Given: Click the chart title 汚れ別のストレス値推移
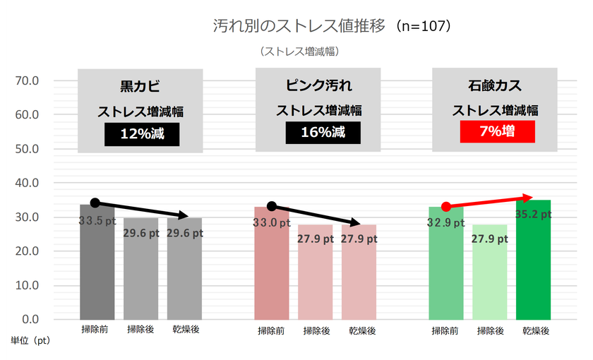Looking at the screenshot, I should pos(300,26).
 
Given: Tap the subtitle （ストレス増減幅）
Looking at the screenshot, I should pos(300,51).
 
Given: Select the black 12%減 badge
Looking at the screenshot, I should pos(140,133).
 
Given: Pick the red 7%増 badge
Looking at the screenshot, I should pos(496,132).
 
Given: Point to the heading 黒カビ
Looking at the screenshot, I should pos(140,87).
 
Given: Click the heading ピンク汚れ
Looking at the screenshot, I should pos(318,87).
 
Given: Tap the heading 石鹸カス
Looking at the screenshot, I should pos(496,87).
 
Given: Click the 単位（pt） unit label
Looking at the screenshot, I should pos(30,340).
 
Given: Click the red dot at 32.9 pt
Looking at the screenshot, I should pos(446,207).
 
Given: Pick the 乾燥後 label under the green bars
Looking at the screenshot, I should pos(534,330).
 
